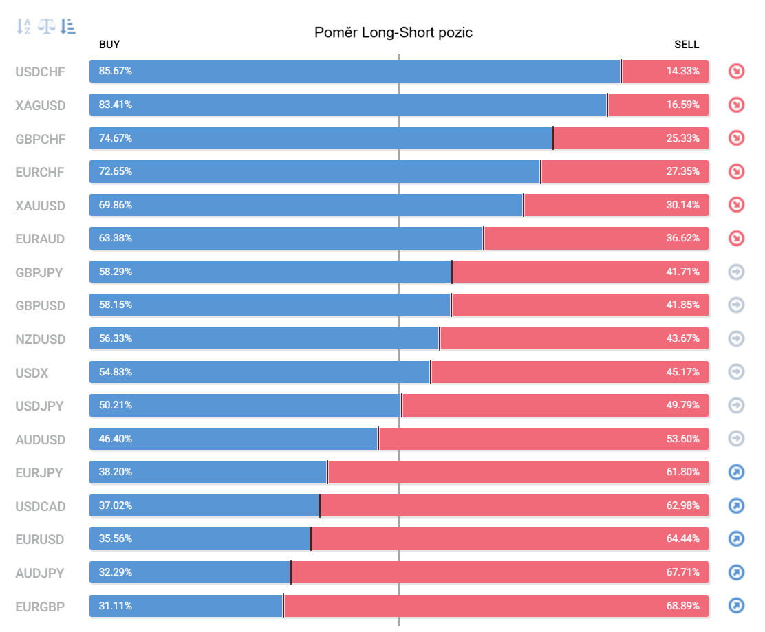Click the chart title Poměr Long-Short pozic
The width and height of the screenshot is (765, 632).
tap(394, 33)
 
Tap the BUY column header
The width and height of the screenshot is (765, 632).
tap(109, 45)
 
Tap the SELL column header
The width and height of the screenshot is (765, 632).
tap(687, 45)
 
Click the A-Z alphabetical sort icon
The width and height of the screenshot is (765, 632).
tap(23, 26)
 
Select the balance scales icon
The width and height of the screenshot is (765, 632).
tap(46, 26)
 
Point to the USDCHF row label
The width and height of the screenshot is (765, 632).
tap(40, 72)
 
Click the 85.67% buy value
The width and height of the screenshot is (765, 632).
tap(116, 71)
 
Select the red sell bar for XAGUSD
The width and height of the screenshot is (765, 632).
tap(658, 105)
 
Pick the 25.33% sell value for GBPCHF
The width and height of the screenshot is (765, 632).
tap(682, 138)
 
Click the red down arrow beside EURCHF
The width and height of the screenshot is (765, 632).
tap(736, 172)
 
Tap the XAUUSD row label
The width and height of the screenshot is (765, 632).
tap(40, 206)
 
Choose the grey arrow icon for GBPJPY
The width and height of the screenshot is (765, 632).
tap(736, 272)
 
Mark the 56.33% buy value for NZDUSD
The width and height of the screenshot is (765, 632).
tap(116, 338)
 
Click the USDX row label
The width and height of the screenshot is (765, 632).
tap(32, 373)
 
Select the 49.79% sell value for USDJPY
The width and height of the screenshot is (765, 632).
tap(682, 405)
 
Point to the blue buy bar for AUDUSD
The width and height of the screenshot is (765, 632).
tap(234, 439)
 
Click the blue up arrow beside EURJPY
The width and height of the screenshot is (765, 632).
tap(736, 472)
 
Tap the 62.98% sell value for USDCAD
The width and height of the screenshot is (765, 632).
tap(682, 505)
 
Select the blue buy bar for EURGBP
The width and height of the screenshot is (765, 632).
tap(186, 606)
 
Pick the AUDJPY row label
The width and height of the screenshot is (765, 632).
tap(39, 573)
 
